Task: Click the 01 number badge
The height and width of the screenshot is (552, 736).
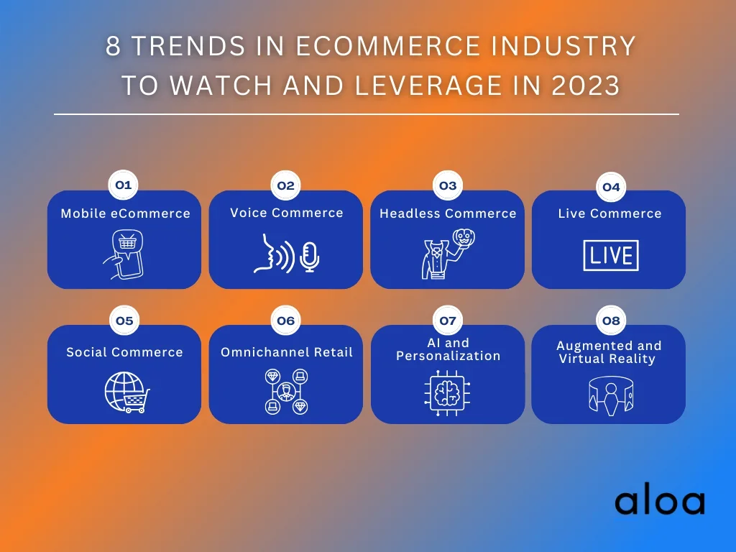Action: click(x=123, y=185)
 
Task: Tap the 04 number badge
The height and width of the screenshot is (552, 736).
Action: click(x=611, y=188)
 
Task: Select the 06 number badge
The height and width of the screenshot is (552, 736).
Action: click(x=285, y=321)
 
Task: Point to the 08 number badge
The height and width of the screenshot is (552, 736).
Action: click(x=611, y=321)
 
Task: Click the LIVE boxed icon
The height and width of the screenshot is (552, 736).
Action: click(x=611, y=256)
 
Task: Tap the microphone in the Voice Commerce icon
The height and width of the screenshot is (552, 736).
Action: click(x=309, y=257)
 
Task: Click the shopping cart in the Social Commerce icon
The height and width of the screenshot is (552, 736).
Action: click(x=136, y=401)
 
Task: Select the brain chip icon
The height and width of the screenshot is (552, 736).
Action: click(x=447, y=393)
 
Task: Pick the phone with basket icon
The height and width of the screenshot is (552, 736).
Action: click(x=124, y=254)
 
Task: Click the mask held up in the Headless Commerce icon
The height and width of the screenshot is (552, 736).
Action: click(x=464, y=239)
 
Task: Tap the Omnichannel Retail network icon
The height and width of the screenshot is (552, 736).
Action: click(x=286, y=392)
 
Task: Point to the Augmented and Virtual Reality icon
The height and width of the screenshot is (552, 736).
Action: click(x=611, y=396)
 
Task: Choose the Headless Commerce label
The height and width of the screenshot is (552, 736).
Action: click(x=448, y=213)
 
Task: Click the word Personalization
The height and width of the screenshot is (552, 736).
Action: click(x=448, y=356)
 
